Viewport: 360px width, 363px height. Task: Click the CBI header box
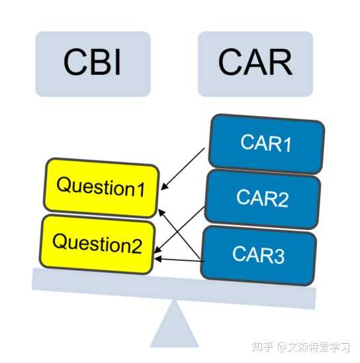tap(93, 64)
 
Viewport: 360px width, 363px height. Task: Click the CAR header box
tap(255, 64)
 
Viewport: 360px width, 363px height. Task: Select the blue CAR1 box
tap(266, 142)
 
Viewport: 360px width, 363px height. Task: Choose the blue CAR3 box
tap(258, 255)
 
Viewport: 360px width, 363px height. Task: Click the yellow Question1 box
tap(101, 187)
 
